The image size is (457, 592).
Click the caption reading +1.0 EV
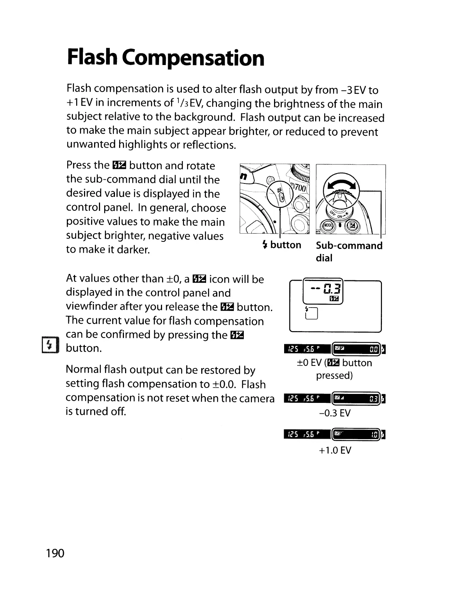tap(335, 450)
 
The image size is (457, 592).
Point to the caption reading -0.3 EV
tap(335, 413)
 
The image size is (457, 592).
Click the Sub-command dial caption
tap(349, 251)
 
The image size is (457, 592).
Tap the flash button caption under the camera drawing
tap(282, 245)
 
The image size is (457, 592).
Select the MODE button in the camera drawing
tap(328, 226)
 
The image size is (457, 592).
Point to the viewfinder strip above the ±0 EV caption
tap(335, 349)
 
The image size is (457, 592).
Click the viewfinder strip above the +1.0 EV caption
tap(335, 435)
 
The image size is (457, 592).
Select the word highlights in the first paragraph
tap(143, 145)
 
